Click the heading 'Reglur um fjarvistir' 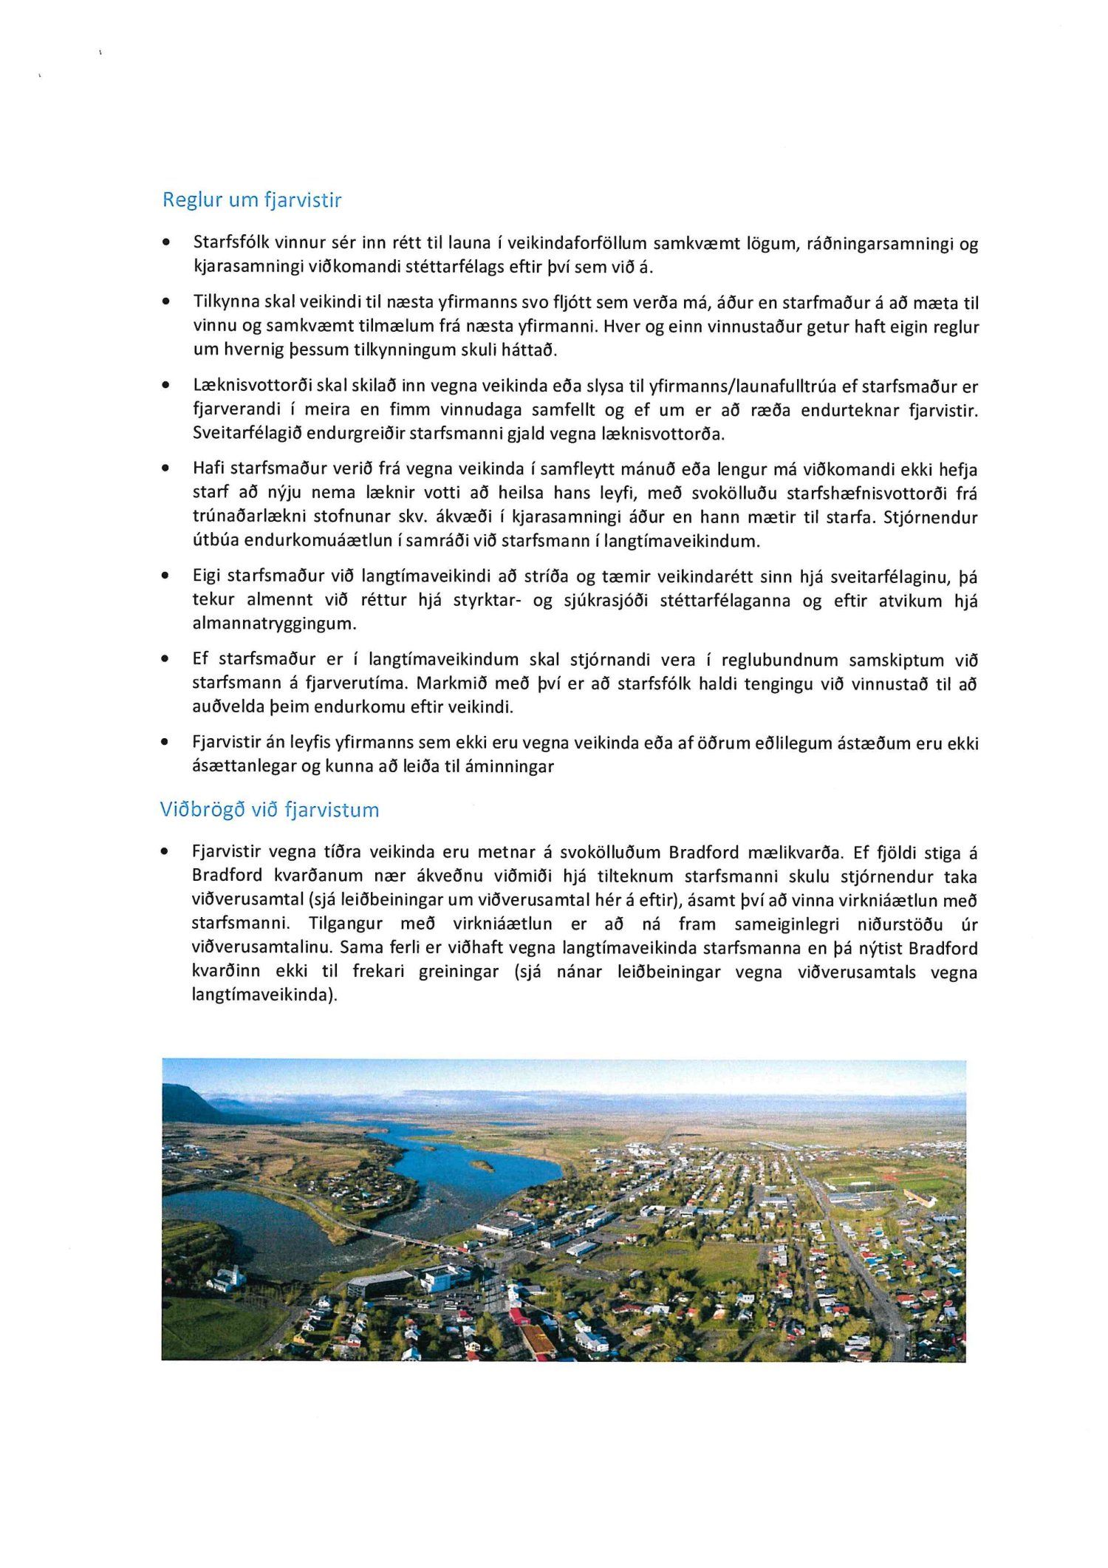pos(252,200)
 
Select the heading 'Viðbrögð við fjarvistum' pos(270,810)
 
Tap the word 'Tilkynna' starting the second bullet pos(222,303)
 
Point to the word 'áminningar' pos(510,766)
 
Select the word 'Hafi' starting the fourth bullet pos(208,470)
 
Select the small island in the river pos(482,1165)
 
